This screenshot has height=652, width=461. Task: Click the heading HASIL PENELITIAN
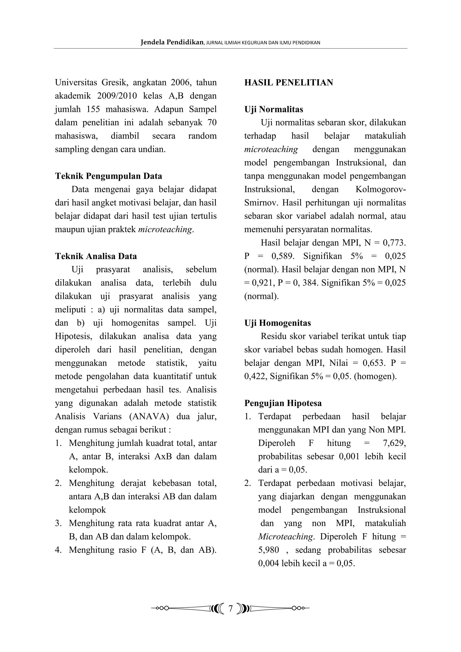tap(289, 83)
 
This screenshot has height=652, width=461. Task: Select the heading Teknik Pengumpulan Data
tap(108, 176)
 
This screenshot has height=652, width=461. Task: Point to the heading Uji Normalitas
tap(273, 109)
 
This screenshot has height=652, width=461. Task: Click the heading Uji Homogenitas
tap(278, 323)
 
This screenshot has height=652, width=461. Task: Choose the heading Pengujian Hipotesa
tap(283, 403)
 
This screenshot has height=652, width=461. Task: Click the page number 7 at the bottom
tap(230, 609)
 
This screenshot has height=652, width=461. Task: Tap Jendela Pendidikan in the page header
tap(172, 43)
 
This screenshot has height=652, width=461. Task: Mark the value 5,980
tap(268, 550)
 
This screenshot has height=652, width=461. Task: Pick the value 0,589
tap(283, 256)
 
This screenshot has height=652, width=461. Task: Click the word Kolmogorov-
tap(381, 190)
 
